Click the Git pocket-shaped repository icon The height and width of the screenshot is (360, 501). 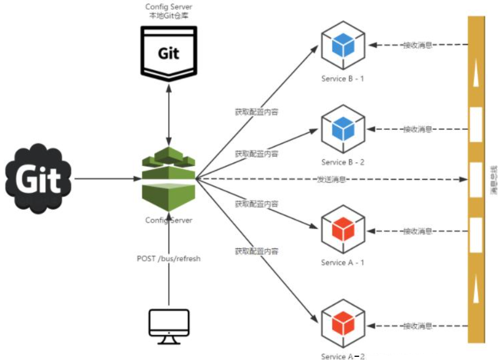coord(169,53)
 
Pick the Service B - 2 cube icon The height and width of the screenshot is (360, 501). coord(343,129)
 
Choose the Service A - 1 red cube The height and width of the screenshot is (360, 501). coord(343,229)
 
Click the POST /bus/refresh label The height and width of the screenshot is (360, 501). coord(169,259)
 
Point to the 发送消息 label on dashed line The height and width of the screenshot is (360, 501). coord(331,179)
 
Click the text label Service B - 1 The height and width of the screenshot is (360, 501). coord(343,79)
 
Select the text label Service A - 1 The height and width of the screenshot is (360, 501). coord(343,263)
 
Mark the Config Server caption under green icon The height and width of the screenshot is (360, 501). coord(169,220)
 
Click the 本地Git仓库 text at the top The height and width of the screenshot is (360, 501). coord(169,16)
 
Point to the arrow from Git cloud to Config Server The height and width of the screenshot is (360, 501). coord(105,179)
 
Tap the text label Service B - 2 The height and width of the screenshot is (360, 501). coord(343,162)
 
